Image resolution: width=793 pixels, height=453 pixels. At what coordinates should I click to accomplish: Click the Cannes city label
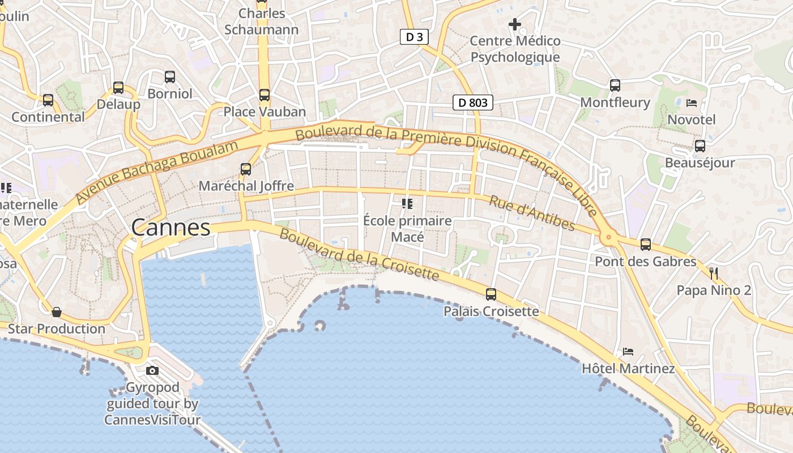pos(170,228)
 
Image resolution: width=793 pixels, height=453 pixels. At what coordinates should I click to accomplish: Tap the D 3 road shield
pos(414,37)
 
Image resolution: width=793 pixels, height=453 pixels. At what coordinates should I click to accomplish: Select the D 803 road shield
pos(473,102)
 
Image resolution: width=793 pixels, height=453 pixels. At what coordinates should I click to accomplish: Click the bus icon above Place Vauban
pos(265,95)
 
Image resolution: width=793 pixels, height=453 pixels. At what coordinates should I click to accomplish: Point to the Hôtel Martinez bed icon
pos(628,352)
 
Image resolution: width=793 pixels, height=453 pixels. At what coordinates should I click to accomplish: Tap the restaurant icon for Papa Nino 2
pos(714,273)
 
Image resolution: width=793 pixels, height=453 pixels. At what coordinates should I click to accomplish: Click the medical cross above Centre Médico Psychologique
pos(515,24)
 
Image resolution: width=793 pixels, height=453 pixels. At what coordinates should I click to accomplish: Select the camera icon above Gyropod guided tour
pos(152,371)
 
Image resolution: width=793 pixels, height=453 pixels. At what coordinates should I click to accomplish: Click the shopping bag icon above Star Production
pos(57,312)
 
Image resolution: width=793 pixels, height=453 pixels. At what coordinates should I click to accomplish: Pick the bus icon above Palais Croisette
pos(491,294)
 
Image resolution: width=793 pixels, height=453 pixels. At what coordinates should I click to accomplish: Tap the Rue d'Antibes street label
pos(532,213)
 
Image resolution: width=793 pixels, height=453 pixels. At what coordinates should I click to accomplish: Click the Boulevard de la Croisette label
pos(359,255)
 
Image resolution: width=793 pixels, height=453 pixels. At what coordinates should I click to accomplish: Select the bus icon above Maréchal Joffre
pos(246,169)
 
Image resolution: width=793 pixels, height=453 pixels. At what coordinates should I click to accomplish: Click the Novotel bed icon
pos(692,103)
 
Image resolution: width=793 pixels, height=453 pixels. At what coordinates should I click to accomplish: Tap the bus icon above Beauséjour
pos(700,146)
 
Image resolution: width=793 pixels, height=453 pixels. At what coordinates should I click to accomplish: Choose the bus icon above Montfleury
pos(615,86)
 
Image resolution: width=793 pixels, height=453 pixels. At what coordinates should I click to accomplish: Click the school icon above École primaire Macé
pos(407,204)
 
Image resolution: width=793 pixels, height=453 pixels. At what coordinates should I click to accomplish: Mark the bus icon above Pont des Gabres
pos(646,245)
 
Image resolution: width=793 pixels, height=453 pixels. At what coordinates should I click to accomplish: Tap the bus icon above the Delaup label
pos(118,88)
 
